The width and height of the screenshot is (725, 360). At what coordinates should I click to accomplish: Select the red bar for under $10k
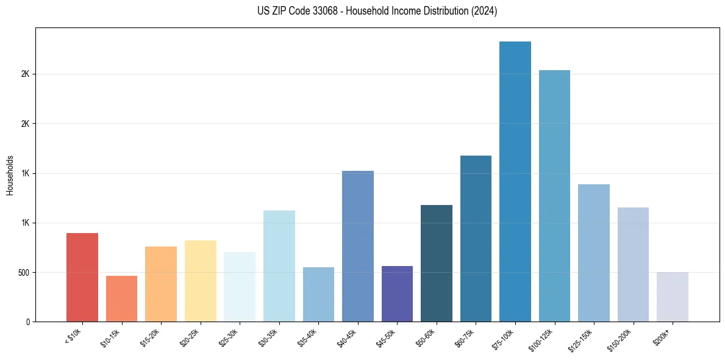[x=82, y=278]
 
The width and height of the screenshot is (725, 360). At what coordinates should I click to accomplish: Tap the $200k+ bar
[x=673, y=297]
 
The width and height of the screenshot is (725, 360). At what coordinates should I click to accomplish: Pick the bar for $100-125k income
[x=554, y=196]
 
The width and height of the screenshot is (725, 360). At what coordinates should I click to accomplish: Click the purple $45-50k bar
[x=397, y=294]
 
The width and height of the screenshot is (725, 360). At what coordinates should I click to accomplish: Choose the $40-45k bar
[x=358, y=247]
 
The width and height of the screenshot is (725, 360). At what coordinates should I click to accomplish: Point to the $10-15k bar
[x=121, y=299]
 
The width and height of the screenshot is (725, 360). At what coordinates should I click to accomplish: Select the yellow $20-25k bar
[x=201, y=281]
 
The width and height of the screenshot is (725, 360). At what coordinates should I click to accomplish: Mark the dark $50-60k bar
[x=437, y=264]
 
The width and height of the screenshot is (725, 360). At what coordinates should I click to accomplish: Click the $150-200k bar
[x=633, y=265]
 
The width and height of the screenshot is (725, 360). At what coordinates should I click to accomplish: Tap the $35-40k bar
[x=318, y=295]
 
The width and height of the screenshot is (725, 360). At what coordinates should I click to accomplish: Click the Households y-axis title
[x=10, y=175]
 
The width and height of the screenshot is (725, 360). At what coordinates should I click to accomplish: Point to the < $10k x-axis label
[x=73, y=335]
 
